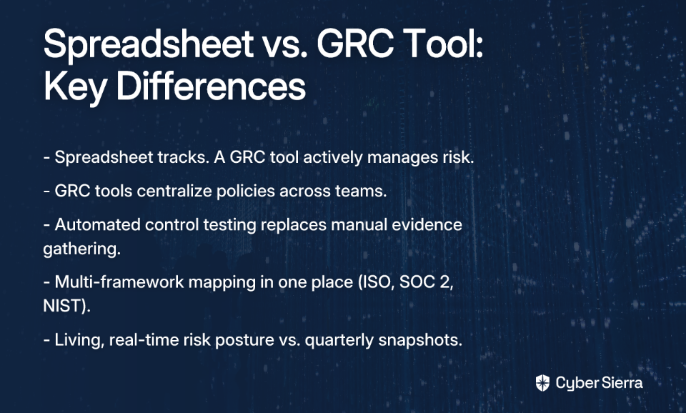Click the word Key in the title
coord(75,86)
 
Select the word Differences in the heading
coord(212,86)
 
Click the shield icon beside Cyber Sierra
coord(542,383)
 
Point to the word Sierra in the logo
coord(622,383)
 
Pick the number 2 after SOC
coord(446,282)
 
